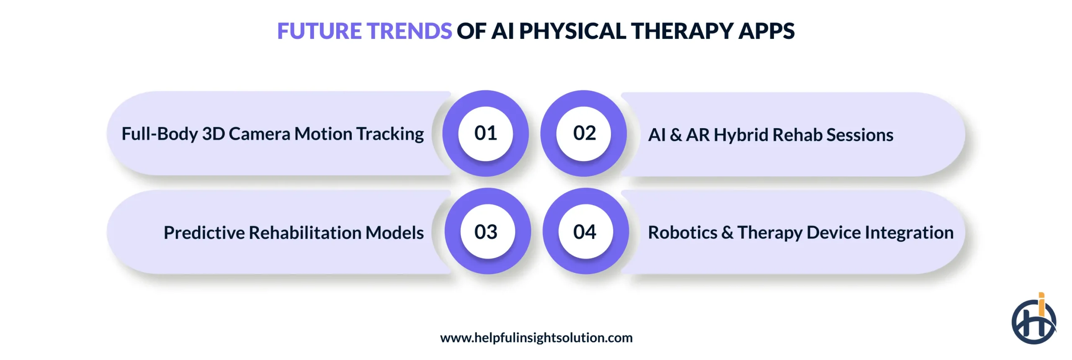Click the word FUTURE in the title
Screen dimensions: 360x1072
320,31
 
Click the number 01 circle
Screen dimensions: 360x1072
485,134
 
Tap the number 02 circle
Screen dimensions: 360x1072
584,134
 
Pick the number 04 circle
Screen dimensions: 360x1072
585,231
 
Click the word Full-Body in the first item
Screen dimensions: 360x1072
160,134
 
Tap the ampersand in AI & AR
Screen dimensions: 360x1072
675,135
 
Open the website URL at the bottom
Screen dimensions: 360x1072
536,338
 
